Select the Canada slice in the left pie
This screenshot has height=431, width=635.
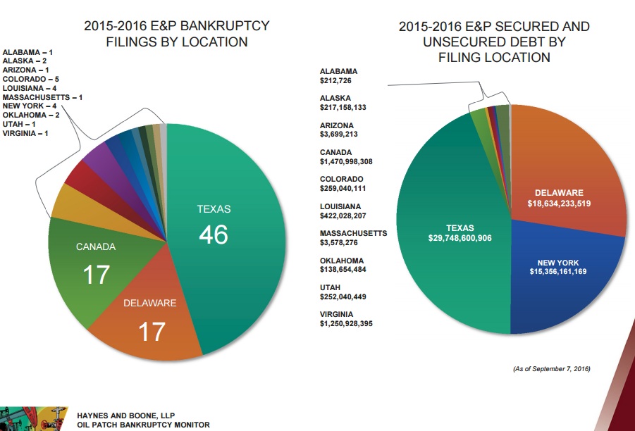pyautogui.click(x=95, y=264)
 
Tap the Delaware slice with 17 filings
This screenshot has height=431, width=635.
pyautogui.click(x=152, y=320)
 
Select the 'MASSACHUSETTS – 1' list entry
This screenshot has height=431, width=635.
pyautogui.click(x=42, y=97)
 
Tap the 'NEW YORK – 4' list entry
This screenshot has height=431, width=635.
pyautogui.click(x=29, y=106)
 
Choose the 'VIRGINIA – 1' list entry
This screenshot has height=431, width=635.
pyautogui.click(x=25, y=132)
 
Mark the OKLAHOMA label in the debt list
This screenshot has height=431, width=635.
pyautogui.click(x=342, y=261)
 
